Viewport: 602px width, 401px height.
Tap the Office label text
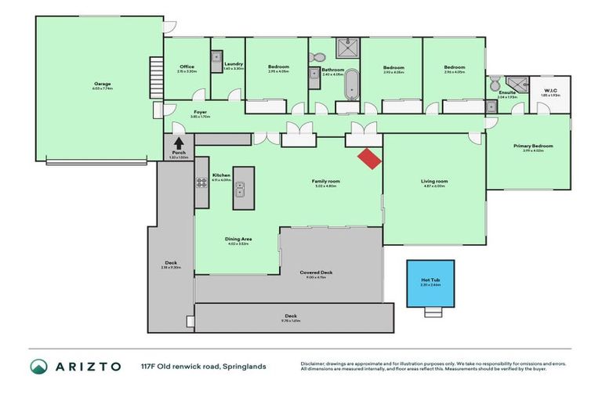tap(187, 67)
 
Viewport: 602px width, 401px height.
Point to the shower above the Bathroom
tap(346, 49)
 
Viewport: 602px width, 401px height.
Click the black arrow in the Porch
tap(179, 143)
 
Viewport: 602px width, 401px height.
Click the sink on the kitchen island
tap(243, 188)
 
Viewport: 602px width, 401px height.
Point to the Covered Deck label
tap(316, 273)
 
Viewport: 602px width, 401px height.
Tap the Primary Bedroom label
tap(533, 146)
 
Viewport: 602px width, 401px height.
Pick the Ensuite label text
tap(507, 92)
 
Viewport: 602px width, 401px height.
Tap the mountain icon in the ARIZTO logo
tap(38, 366)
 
